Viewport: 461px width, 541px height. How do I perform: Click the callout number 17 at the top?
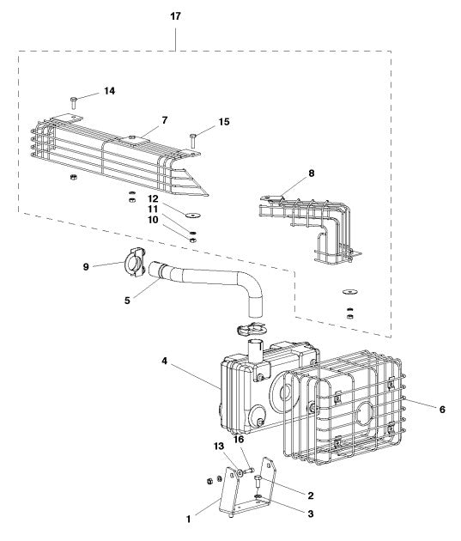(176, 16)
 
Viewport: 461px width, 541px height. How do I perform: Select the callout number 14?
(109, 90)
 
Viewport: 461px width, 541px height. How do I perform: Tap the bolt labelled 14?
(75, 101)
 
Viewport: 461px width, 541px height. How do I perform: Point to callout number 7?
(165, 119)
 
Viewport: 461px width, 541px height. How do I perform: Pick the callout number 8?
(311, 173)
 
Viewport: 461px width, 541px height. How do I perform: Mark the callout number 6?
(442, 410)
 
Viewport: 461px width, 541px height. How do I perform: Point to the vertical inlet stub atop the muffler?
(255, 353)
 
